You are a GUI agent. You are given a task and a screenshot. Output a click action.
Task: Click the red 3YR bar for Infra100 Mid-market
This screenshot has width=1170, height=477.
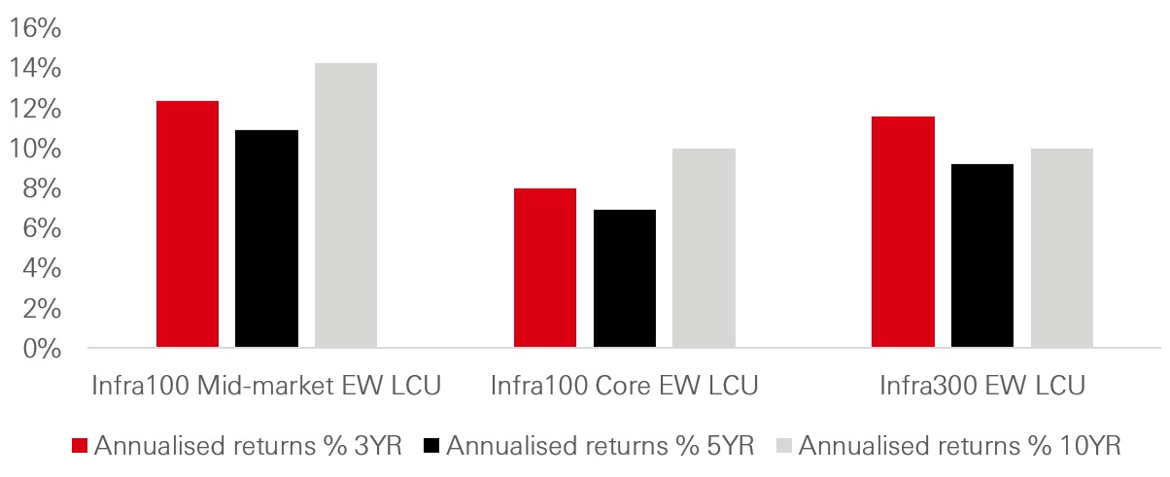188,224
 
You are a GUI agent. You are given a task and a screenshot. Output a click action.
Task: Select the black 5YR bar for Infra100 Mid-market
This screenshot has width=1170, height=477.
267,239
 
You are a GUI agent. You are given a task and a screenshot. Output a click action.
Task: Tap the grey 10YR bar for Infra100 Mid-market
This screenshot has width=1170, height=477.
346,205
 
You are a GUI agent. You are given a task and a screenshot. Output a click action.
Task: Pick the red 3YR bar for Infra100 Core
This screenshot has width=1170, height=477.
545,268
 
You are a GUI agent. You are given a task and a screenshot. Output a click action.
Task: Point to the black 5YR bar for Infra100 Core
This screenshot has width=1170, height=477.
625,279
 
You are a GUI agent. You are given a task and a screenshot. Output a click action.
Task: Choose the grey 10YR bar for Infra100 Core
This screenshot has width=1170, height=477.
704,248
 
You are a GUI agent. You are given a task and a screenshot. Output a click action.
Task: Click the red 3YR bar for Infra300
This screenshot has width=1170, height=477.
903,232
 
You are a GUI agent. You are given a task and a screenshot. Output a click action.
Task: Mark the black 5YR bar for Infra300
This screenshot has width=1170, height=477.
982,256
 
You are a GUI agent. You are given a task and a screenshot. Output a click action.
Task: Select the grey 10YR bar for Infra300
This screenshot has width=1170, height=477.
1062,248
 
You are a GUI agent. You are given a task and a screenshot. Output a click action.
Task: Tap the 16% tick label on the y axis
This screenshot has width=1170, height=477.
36,29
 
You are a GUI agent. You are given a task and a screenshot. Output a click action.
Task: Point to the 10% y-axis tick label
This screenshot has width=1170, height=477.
36,149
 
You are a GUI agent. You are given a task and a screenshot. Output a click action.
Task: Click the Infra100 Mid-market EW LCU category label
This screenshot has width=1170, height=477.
266,386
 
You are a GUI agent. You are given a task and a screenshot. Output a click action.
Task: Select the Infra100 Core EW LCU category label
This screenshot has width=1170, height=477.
624,386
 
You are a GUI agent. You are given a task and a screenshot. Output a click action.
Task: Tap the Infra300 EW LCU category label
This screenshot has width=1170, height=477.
981,386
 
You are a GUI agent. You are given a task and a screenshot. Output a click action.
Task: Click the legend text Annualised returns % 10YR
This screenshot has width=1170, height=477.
961,446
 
